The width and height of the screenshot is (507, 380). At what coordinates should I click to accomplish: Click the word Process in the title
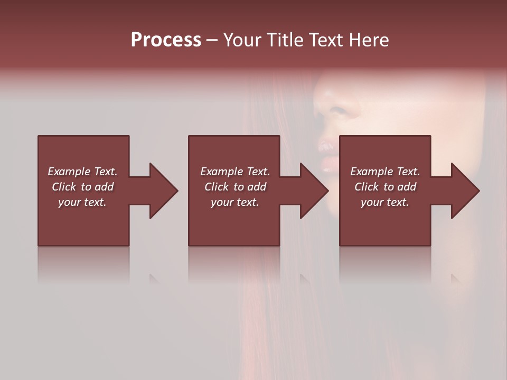coord(166,40)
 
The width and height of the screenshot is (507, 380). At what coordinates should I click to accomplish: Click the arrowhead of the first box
coord(163,191)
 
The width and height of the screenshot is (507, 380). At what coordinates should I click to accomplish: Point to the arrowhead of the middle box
coord(314,191)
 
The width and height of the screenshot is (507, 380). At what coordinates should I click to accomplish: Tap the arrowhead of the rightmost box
coord(465,191)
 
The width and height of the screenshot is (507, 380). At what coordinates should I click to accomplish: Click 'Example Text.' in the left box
coord(82,172)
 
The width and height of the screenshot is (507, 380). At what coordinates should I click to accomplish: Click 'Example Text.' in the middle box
coord(235,172)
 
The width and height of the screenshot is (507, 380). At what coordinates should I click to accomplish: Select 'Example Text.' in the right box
coord(385,172)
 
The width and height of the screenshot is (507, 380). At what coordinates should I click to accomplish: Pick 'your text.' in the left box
coord(82,202)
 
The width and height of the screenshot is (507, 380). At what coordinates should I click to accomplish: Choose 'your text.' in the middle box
coord(235,202)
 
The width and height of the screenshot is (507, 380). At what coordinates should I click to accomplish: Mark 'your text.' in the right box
coord(385,202)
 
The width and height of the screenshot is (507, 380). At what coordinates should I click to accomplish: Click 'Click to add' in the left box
coord(82,187)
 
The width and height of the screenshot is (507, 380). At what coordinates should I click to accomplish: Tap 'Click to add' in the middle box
coord(235,187)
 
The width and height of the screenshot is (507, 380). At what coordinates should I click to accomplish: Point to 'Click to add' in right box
coord(385,187)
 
